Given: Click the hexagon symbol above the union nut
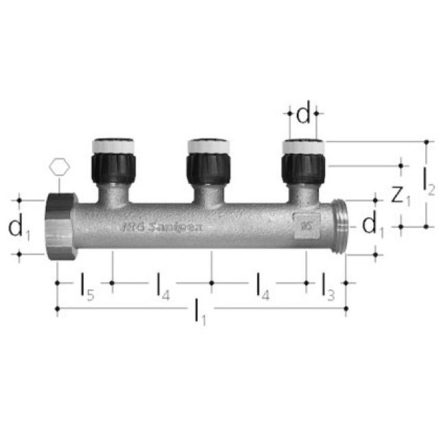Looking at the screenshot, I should [60, 167].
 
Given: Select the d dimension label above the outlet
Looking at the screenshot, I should [303, 115].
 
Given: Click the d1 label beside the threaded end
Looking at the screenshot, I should [370, 224].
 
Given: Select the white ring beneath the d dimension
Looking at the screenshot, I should [303, 146].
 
